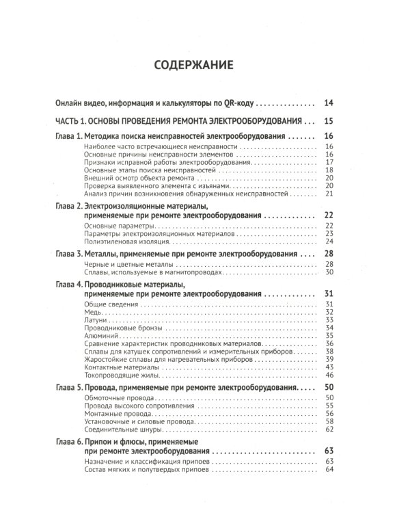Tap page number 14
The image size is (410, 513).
click(x=329, y=104)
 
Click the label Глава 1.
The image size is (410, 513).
click(x=68, y=137)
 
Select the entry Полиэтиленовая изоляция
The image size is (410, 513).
click(x=125, y=241)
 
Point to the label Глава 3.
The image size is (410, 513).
click(x=68, y=254)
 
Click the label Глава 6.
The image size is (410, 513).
click(x=68, y=443)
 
